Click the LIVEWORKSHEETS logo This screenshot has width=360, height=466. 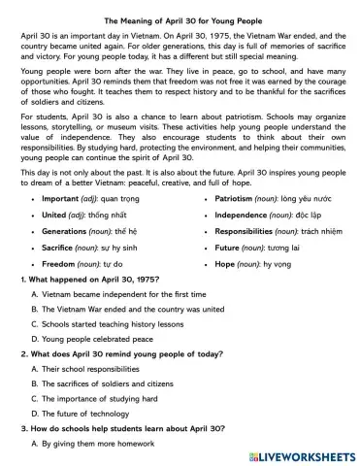301,455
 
